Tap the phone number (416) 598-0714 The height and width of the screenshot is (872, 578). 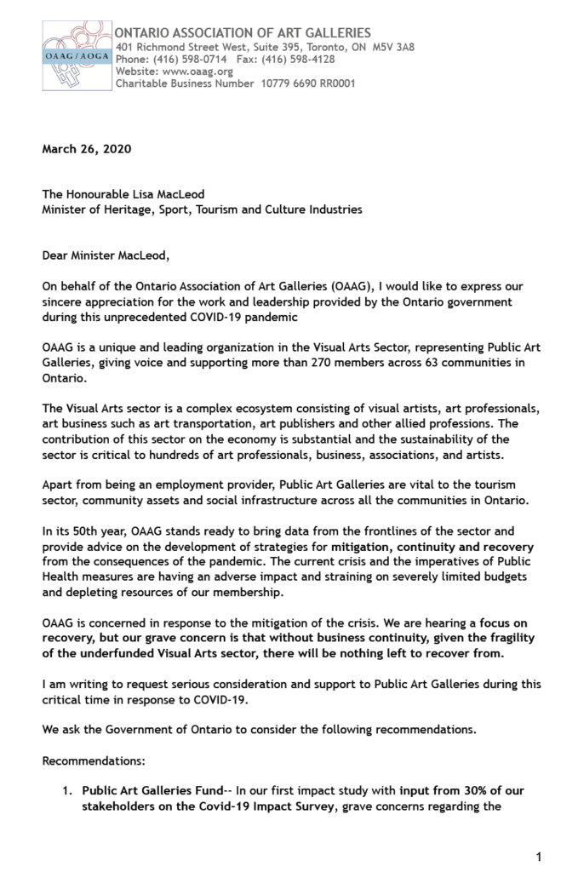click(179, 60)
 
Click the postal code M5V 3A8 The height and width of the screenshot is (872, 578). click(393, 47)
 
